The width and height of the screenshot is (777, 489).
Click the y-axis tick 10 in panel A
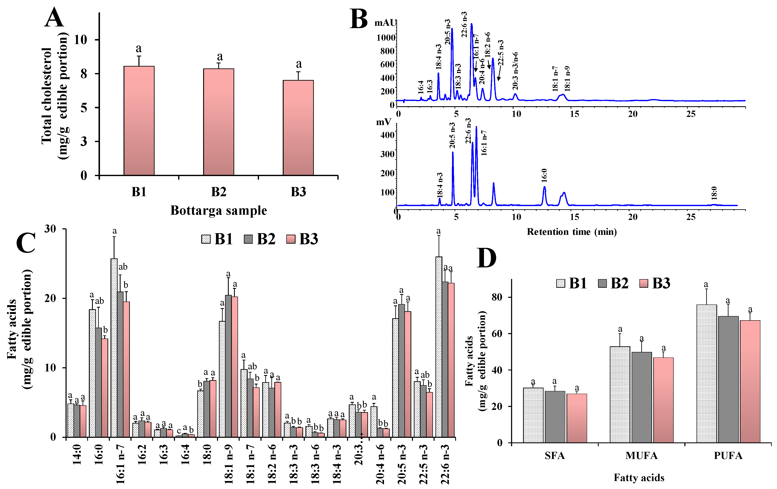point(81,40)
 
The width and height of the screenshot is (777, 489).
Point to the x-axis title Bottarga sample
point(218,211)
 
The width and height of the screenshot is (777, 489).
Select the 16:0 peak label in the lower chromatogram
point(544,176)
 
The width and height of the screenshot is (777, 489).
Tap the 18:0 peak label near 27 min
point(714,193)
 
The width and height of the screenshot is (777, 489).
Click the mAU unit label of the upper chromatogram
point(385,23)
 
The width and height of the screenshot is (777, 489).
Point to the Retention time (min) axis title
point(571,232)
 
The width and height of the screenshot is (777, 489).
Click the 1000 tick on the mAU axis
point(386,38)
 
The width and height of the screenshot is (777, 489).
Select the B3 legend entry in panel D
point(655,283)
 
